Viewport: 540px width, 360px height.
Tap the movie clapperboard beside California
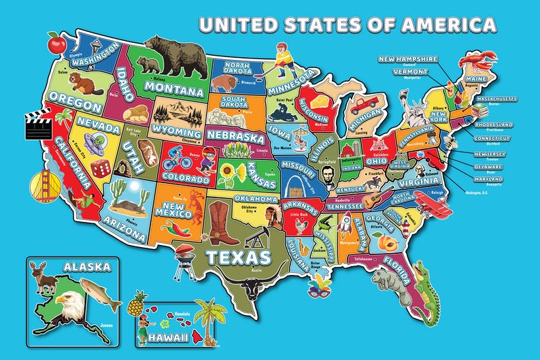click(39, 125)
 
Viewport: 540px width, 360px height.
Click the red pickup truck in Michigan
click(366, 103)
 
